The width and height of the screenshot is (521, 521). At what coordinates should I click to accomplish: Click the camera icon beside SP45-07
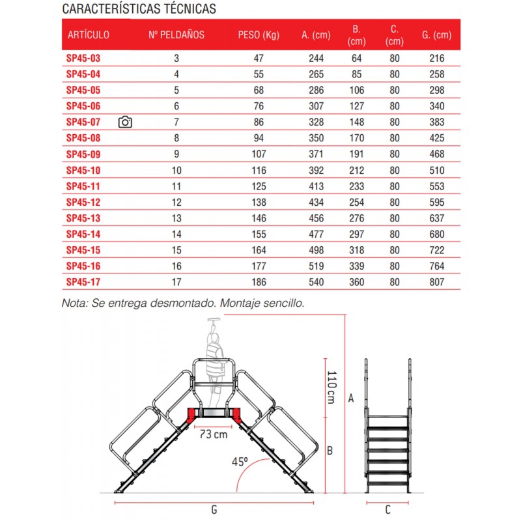click(x=126, y=122)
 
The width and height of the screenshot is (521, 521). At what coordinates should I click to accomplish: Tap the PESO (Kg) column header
click(x=258, y=35)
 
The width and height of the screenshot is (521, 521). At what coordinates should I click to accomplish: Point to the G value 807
click(x=437, y=282)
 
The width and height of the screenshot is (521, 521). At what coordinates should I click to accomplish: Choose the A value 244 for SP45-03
click(x=316, y=58)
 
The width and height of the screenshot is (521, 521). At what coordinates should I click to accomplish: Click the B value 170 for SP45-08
click(x=356, y=138)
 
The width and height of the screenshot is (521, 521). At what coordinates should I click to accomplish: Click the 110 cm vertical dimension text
click(x=331, y=386)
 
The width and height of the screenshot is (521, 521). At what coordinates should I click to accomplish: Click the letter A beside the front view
click(x=351, y=397)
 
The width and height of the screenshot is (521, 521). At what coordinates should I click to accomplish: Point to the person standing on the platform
click(x=214, y=365)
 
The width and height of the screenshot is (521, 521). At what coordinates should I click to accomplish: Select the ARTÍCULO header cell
click(x=89, y=35)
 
